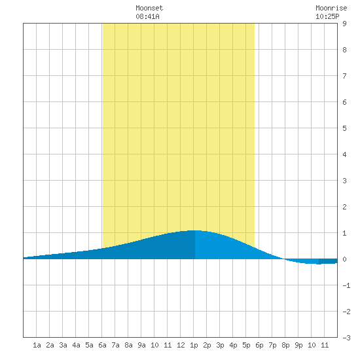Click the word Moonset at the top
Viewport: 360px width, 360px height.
pos(149,8)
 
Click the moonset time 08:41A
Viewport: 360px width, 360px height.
pos(148,16)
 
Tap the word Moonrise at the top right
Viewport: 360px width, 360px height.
pos(331,8)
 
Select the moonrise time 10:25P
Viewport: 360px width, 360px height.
pos(327,16)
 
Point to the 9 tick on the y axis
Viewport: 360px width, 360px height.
pos(344,24)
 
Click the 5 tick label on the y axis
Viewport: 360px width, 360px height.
pos(344,128)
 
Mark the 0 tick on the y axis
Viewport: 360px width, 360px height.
pos(344,259)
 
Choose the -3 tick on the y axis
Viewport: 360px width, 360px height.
pos(346,338)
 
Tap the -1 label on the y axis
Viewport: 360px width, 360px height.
pos(346,285)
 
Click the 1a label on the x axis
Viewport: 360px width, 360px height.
pos(37,345)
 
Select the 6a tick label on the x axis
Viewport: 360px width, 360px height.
pos(102,345)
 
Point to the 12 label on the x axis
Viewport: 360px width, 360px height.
pos(181,345)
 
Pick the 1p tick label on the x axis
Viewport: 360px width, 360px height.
pos(194,345)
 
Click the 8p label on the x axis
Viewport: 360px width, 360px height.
pos(285,345)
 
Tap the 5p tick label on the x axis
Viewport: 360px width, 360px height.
pos(246,345)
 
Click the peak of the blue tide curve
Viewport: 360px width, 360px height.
pos(194,230)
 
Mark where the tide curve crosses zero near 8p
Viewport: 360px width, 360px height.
pos(284,259)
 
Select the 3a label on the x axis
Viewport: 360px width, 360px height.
pos(63,345)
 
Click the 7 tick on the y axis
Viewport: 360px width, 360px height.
pos(344,76)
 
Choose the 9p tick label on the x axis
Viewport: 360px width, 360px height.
pos(298,345)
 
